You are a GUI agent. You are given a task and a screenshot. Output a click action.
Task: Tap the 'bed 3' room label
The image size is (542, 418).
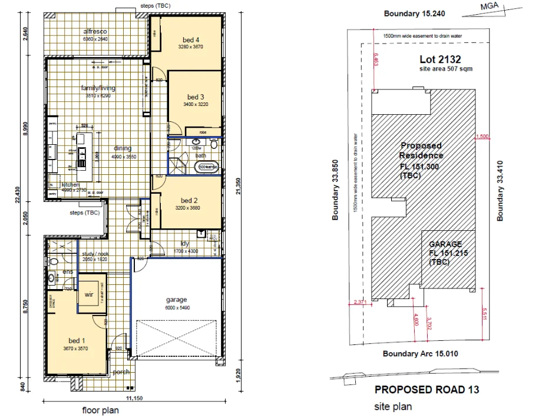[196, 97]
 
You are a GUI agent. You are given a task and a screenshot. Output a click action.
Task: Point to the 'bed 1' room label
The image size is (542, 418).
[77, 341]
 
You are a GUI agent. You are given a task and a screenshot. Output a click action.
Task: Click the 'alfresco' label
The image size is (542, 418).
[95, 31]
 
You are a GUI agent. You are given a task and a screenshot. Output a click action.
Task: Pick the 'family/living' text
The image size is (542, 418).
[98, 88]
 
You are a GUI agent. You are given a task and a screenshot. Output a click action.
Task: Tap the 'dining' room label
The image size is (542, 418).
[123, 148]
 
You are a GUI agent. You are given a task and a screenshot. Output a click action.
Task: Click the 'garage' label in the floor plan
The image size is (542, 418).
[176, 300]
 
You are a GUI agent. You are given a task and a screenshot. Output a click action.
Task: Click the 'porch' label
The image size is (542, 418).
[121, 371]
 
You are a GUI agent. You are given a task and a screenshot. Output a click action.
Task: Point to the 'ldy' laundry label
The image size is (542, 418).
[184, 244]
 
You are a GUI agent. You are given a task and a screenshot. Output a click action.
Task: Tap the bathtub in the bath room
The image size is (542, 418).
[207, 167]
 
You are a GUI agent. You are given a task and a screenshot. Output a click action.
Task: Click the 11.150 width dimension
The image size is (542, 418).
[134, 399]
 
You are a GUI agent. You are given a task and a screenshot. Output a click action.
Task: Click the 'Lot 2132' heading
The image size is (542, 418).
[439, 59]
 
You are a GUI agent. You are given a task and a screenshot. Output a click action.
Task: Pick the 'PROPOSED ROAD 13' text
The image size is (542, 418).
[427, 390]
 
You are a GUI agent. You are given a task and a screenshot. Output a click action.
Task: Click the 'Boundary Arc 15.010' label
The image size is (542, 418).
[420, 354]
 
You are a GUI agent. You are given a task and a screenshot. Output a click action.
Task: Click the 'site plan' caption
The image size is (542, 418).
[393, 407]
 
